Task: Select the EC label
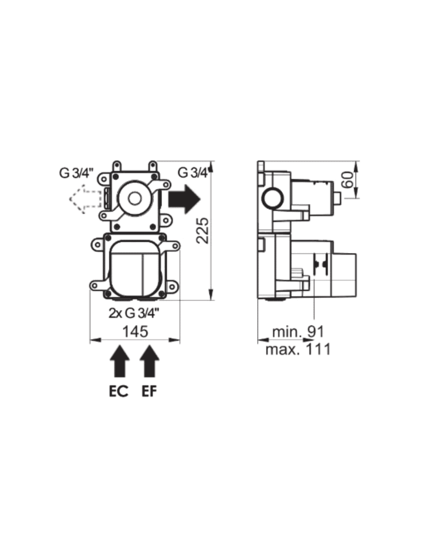click(x=118, y=393)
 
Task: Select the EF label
click(x=150, y=393)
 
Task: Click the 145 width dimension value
click(x=135, y=331)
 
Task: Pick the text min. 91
click(x=298, y=332)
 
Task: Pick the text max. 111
click(x=298, y=349)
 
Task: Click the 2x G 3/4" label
click(x=135, y=313)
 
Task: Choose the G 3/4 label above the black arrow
click(x=193, y=172)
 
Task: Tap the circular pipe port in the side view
click(x=273, y=199)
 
